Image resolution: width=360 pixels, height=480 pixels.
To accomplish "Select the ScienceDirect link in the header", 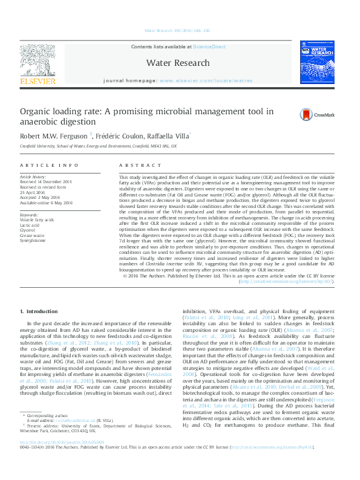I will (x=209, y=47).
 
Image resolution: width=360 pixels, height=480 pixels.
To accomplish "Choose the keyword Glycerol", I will (x=28, y=230).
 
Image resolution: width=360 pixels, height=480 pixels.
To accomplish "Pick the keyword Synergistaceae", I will (x=33, y=240).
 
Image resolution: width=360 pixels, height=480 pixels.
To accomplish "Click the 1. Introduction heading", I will (x=39, y=311).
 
